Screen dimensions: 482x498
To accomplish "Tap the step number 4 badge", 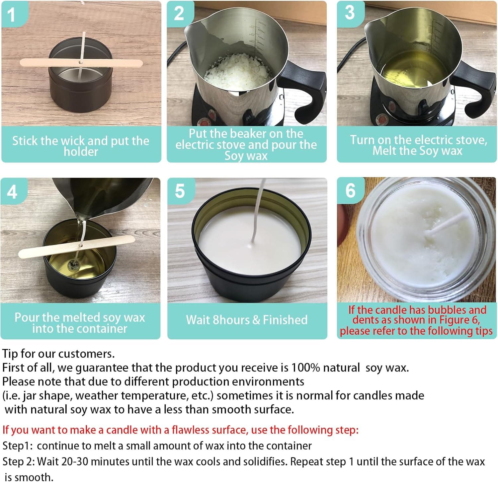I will [x=12, y=192].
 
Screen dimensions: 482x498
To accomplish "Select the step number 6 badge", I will [x=350, y=191].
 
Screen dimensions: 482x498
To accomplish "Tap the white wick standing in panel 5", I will [x=258, y=212].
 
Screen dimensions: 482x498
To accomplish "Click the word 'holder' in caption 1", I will [x=81, y=152].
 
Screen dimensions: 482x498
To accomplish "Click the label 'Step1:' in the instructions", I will [x=17, y=446].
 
